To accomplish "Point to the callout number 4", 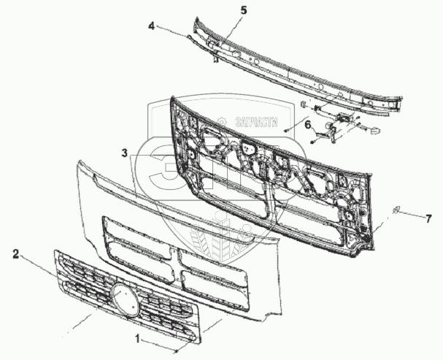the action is click(151, 26).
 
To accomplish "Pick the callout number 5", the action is click(223, 10).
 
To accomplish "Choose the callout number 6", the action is click(308, 126).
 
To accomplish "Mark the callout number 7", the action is click(429, 218).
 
